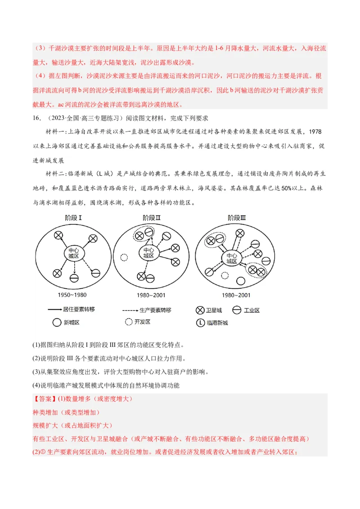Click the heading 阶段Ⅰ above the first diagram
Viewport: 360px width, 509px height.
tap(73, 218)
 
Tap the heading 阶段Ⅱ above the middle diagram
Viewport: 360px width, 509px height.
tap(152, 218)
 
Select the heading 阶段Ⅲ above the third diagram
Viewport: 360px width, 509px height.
tap(237, 218)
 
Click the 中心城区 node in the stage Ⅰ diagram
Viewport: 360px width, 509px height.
tap(73, 253)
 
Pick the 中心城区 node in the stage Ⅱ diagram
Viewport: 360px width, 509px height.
tap(148, 253)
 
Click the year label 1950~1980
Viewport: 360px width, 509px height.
tap(72, 295)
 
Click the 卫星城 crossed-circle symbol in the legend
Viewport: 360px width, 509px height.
tap(200, 310)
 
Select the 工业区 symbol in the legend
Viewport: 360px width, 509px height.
tap(237, 310)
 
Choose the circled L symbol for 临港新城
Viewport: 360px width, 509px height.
tap(200, 322)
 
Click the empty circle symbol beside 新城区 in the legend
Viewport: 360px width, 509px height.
tap(57, 322)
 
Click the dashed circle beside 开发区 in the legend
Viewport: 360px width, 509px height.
tap(129, 322)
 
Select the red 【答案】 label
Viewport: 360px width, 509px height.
tap(44, 399)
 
